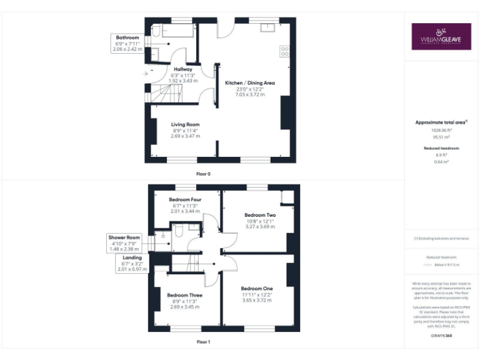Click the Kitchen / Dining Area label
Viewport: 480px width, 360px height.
coord(250,82)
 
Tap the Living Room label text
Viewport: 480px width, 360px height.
coord(185,124)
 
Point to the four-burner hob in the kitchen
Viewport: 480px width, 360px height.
coord(285,51)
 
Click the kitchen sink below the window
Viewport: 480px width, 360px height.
coord(270,27)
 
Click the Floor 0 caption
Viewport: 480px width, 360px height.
coord(203,173)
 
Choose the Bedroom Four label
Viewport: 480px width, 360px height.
coord(184,199)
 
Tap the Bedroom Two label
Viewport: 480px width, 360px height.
coord(259,215)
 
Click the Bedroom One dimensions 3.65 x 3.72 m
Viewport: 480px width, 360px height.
coord(257,300)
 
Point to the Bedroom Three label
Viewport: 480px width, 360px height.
coord(184,294)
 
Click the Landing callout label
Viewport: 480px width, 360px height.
coord(132,257)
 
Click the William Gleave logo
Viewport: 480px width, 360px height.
coord(441,36)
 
